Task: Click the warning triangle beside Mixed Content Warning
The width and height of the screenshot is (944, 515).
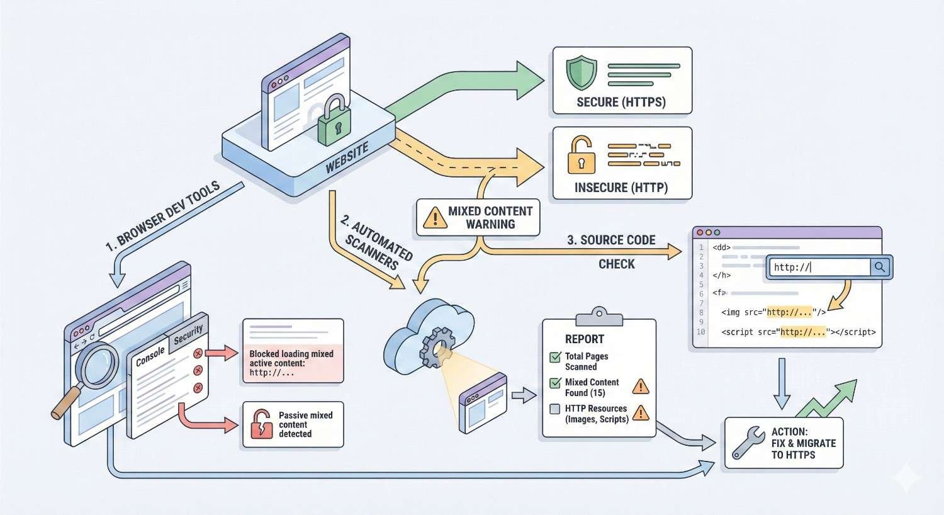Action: click(x=435, y=218)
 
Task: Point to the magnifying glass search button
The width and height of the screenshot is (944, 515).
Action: click(x=880, y=267)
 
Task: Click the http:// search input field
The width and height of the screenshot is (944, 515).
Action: click(x=819, y=267)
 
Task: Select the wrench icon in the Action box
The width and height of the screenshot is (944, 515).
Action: click(x=748, y=443)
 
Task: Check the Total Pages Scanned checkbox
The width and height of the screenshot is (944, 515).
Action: click(x=555, y=357)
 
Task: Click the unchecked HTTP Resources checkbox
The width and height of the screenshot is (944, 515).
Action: click(x=555, y=409)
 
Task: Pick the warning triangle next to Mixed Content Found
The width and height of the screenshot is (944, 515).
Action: click(x=640, y=386)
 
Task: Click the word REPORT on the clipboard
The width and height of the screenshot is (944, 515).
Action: click(x=584, y=339)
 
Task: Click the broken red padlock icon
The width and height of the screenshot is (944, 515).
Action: click(x=261, y=424)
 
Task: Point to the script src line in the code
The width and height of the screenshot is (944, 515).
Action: click(x=798, y=332)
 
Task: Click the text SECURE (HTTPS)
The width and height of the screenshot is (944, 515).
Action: click(x=621, y=102)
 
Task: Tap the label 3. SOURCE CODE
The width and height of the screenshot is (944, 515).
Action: click(x=611, y=240)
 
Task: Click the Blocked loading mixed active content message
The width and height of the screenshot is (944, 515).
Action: click(x=291, y=363)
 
